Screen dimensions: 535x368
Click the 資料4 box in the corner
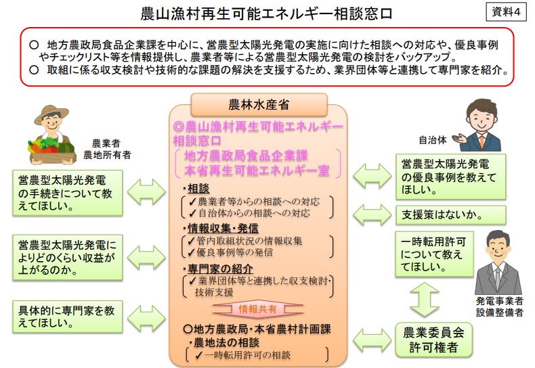click(x=506, y=12)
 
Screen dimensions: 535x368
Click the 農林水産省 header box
click(x=259, y=105)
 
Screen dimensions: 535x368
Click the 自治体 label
click(x=433, y=140)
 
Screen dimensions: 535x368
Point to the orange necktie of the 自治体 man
click(x=481, y=141)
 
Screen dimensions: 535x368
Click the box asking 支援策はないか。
click(x=451, y=215)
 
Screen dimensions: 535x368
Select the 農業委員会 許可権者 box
click(x=433, y=340)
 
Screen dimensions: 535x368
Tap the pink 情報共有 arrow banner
click(x=258, y=309)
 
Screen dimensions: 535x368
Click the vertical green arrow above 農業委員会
click(x=424, y=299)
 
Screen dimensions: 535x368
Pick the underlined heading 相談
click(x=198, y=189)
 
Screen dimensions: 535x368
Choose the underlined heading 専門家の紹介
click(x=220, y=269)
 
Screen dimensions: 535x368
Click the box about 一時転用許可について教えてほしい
click(x=434, y=254)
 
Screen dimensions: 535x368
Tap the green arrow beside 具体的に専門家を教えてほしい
click(x=146, y=319)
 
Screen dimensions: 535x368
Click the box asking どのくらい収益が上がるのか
click(x=68, y=257)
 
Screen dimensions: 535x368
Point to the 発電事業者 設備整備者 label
click(x=500, y=306)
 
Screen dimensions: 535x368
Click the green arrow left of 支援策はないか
click(x=372, y=215)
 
